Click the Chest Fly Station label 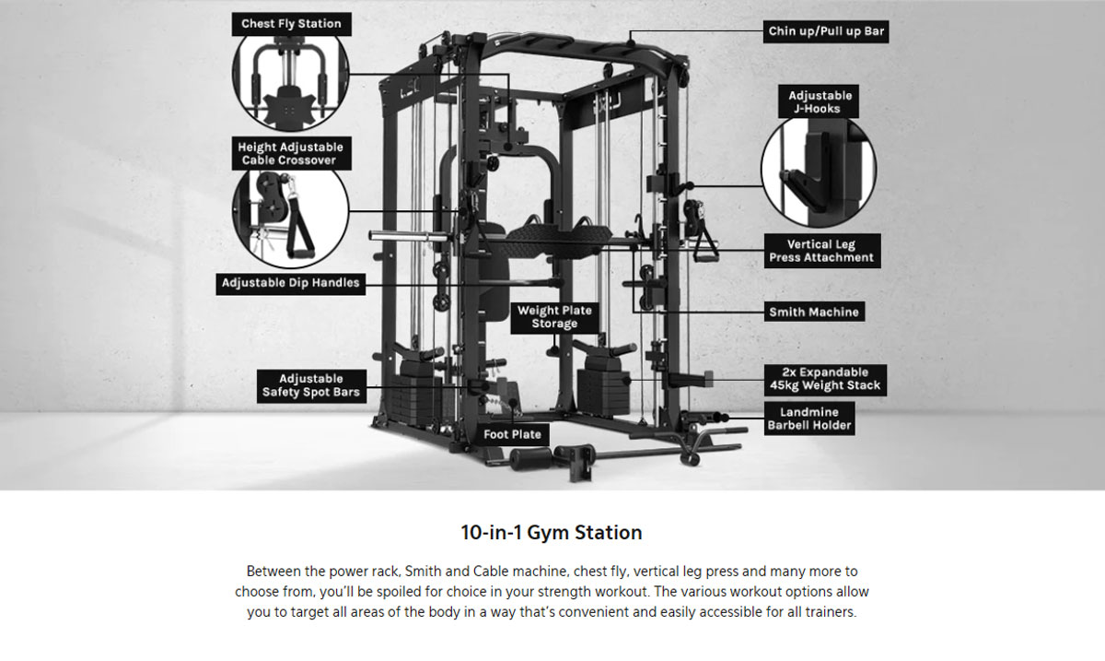coord(292,24)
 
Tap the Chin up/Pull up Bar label coord(826,31)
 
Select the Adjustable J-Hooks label coord(819,101)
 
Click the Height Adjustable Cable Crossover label coord(291,154)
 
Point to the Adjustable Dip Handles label coord(291,283)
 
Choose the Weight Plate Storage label coord(554,317)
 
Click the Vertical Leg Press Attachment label coord(822,251)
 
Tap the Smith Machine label coord(814,313)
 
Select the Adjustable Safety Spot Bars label coord(311,386)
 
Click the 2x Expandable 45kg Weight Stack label coord(825,380)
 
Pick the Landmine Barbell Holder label coord(809,419)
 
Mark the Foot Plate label coord(513,435)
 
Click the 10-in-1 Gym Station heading coord(552,533)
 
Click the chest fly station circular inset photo coord(291,79)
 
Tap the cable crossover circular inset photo coord(291,215)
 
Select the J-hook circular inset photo coord(819,171)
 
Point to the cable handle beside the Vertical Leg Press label coord(704,244)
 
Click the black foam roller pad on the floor coord(530,459)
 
